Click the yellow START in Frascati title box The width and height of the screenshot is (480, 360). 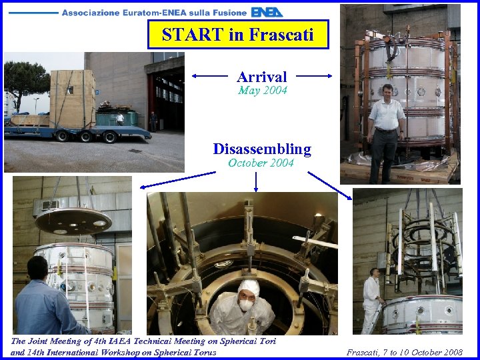coord(238,35)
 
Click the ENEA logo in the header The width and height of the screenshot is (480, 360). coord(267,12)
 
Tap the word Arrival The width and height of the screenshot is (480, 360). coord(262,77)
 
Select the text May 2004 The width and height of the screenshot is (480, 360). coord(262,91)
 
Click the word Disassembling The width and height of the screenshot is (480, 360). coord(262,149)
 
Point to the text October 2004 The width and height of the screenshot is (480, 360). coord(261,163)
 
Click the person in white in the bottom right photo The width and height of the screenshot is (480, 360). coord(371,300)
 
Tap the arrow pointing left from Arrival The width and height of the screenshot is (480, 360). coord(212,77)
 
